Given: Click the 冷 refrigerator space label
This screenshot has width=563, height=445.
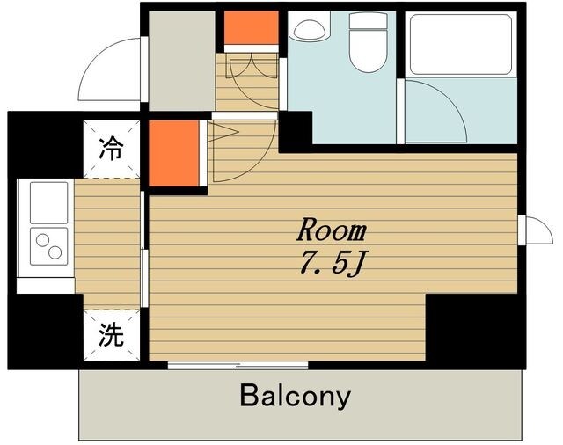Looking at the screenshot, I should (111, 147).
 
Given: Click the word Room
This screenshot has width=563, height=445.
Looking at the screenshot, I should (330, 231).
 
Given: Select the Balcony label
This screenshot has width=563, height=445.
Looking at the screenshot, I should (295, 396).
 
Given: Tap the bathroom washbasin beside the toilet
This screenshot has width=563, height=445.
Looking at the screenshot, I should (310, 27).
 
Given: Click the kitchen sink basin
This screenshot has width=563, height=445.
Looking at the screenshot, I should (48, 203).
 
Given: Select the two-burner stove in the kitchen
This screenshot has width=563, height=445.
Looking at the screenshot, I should (48, 244).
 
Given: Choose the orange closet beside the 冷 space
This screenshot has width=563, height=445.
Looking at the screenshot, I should (173, 151).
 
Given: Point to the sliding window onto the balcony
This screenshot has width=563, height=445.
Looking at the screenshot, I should (238, 364).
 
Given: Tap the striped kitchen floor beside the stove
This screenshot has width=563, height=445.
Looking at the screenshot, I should (106, 242).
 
